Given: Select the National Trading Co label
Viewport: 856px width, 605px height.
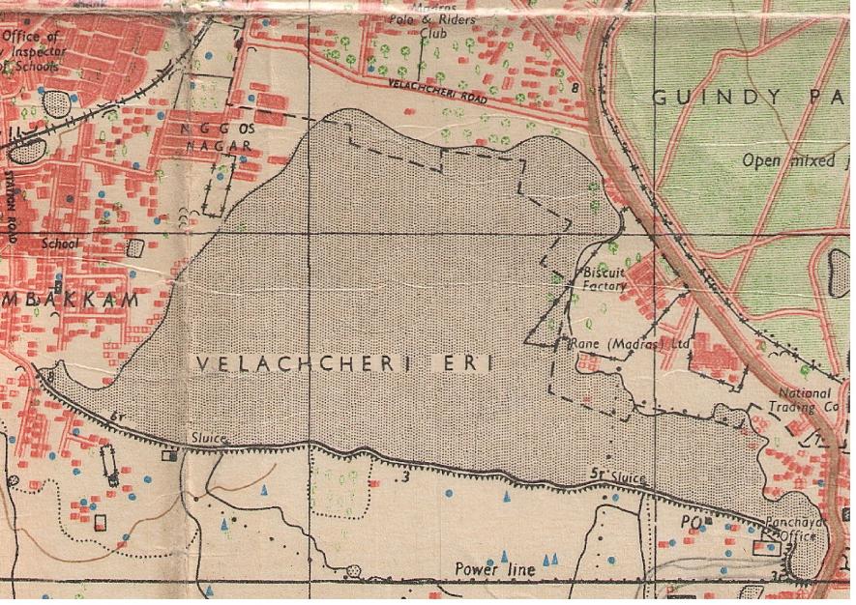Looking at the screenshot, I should point(809,400).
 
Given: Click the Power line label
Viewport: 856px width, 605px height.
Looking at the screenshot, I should point(494,570).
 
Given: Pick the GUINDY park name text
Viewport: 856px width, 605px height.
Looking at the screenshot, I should point(717,97).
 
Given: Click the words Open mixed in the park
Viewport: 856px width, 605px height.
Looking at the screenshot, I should point(787,160).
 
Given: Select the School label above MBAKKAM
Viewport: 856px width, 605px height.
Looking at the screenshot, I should point(59,245).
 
